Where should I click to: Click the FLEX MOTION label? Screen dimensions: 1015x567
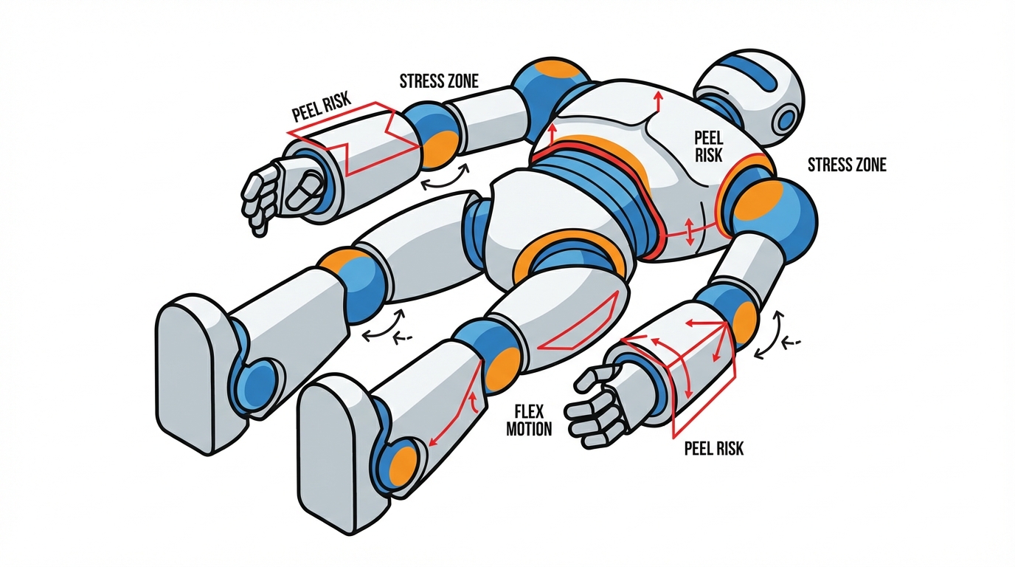click(529, 420)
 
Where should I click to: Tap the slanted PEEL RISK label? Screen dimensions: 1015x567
click(322, 108)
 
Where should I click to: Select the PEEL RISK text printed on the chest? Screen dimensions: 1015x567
click(708, 146)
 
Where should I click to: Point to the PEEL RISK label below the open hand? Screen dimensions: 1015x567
click(714, 449)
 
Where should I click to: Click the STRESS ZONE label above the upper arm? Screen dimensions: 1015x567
click(439, 81)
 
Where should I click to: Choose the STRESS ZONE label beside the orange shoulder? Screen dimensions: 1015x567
click(847, 165)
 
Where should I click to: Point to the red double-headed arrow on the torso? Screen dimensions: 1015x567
click(689, 232)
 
